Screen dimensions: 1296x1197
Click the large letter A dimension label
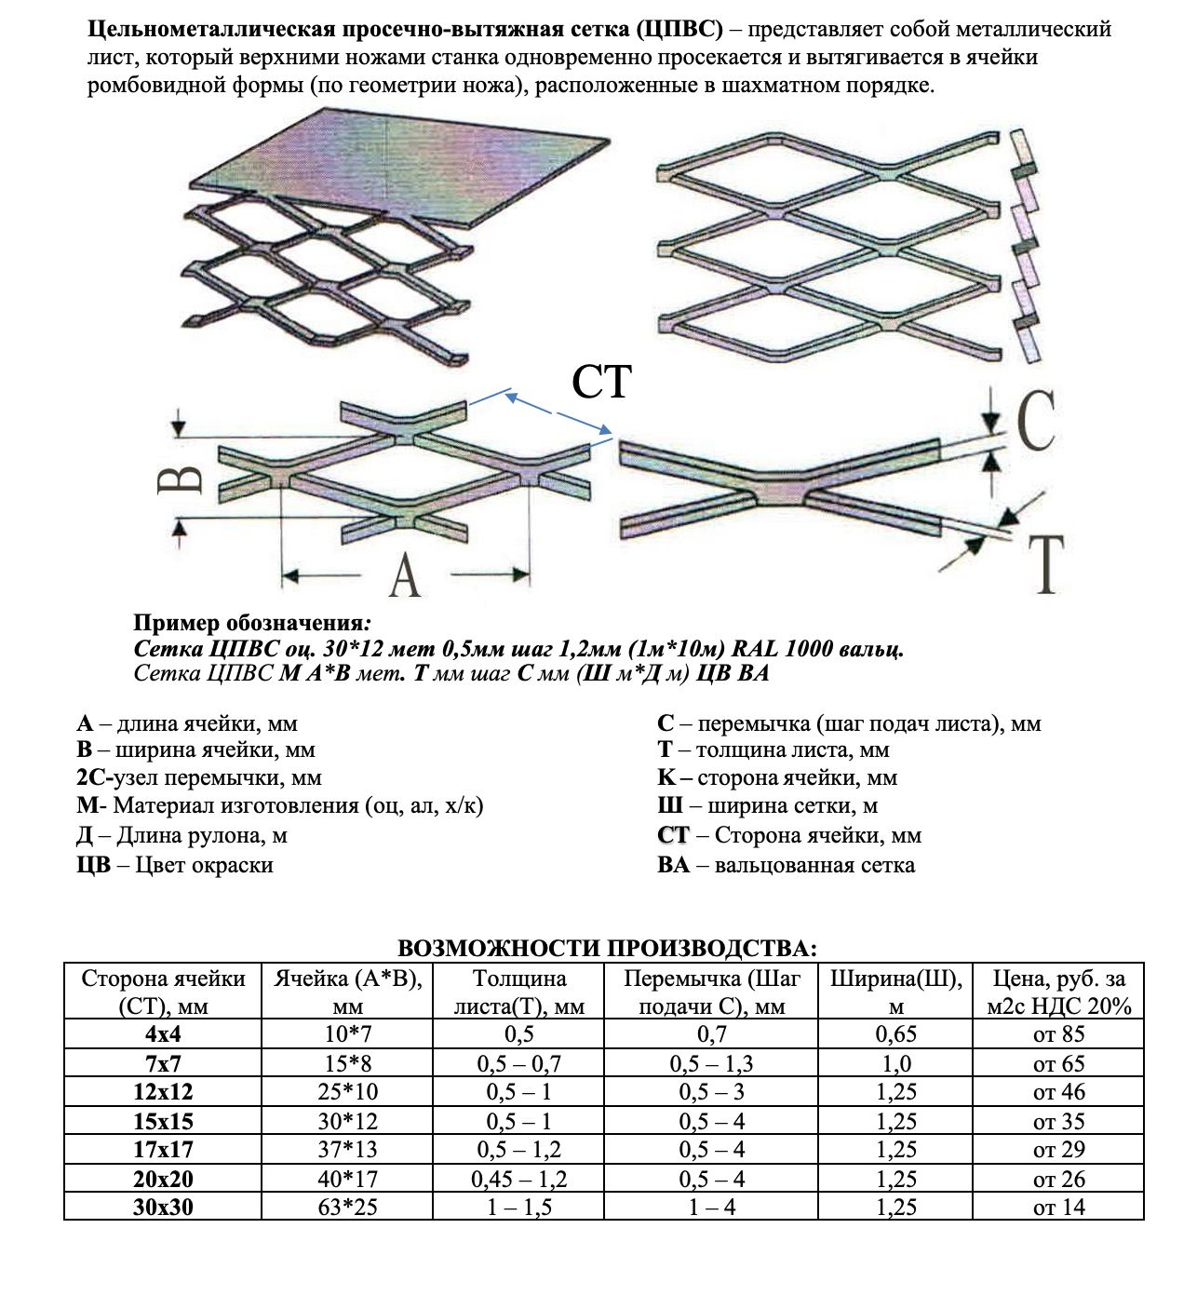(404, 575)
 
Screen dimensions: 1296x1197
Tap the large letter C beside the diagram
(1034, 422)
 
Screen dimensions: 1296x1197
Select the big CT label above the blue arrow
(601, 382)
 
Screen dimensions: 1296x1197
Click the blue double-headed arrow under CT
(558, 413)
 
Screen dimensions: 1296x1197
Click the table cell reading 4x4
(163, 1034)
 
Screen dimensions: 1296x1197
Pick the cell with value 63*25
(347, 1208)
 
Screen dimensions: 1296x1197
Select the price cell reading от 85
(1058, 1034)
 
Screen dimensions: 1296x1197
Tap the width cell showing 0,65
(895, 1034)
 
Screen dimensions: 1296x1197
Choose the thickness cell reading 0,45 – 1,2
(518, 1179)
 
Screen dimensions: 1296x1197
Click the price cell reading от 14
(1058, 1208)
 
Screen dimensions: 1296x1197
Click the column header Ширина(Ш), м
(895, 992)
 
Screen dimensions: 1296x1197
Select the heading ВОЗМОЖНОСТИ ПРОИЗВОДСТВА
(607, 949)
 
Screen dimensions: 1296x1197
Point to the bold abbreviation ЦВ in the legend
(93, 865)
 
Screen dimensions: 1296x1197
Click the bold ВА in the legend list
(673, 865)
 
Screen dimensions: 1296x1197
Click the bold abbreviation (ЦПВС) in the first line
(680, 29)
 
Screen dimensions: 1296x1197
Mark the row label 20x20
(163, 1179)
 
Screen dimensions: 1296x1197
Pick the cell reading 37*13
(347, 1150)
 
